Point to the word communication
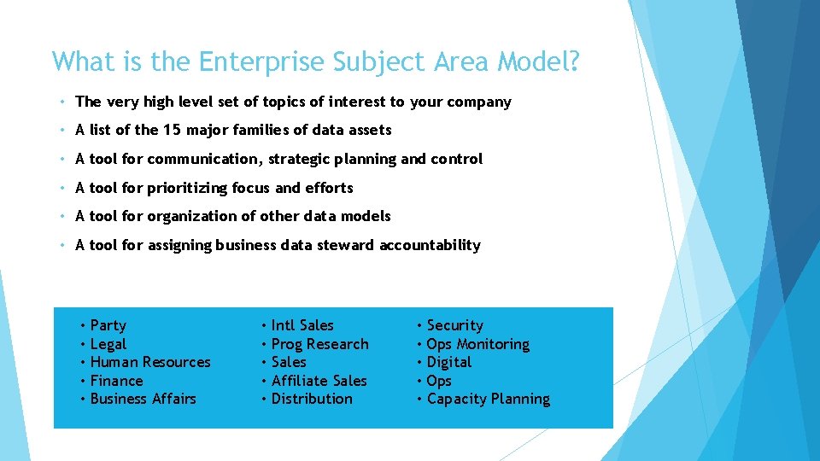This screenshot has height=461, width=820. pos(202,159)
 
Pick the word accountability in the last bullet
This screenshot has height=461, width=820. pos(430,245)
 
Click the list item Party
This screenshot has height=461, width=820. pos(108,325)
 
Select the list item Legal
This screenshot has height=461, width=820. pos(108,344)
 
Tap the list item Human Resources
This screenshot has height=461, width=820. pos(149,362)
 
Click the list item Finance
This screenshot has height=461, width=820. pos(116,381)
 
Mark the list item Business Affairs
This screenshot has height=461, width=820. pos(143,399)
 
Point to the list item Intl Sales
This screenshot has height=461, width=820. pos(302,325)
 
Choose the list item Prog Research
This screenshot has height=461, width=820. pos(319,344)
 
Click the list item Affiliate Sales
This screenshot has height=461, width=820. pos(319,381)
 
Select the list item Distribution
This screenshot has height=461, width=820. pos(312,399)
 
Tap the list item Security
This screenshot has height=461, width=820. pos(454,325)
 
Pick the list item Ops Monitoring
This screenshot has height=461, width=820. pos(477,344)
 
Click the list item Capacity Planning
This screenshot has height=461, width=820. pos(488,399)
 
